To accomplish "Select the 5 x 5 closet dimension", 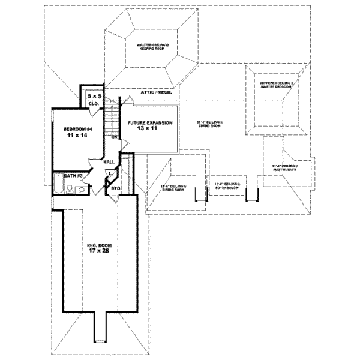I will pyautogui.click(x=94, y=96).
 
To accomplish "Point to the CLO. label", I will pyautogui.click(x=94, y=104).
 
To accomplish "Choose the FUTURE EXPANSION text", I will pyautogui.click(x=150, y=122).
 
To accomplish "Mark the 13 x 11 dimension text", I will pyautogui.click(x=150, y=130).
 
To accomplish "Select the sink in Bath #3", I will pyautogui.click(x=82, y=190).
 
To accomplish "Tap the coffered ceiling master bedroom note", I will pyautogui.click(x=275, y=85).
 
